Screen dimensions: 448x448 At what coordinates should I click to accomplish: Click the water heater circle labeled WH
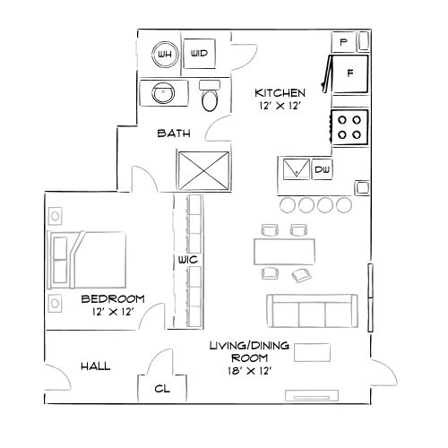(x=163, y=55)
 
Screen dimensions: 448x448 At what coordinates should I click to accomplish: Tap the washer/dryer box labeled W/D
(x=199, y=55)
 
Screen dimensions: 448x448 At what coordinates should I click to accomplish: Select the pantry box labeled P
(x=345, y=42)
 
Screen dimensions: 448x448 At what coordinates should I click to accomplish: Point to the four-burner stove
(x=349, y=125)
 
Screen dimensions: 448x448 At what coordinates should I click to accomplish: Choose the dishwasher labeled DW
(x=322, y=169)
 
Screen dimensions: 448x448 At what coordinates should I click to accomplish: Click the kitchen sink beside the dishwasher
(x=295, y=168)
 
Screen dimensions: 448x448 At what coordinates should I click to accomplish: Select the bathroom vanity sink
(x=163, y=93)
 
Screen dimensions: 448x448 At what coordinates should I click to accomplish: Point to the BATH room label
(x=173, y=134)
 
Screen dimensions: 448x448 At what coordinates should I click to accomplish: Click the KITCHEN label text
(x=280, y=92)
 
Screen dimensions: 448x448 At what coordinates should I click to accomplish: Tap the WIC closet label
(x=187, y=259)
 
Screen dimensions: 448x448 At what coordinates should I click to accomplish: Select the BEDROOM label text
(x=112, y=298)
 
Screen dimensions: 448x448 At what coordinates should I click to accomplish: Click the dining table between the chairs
(x=286, y=247)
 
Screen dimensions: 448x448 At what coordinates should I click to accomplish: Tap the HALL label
(x=96, y=367)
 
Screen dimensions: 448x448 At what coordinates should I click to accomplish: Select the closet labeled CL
(x=162, y=389)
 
